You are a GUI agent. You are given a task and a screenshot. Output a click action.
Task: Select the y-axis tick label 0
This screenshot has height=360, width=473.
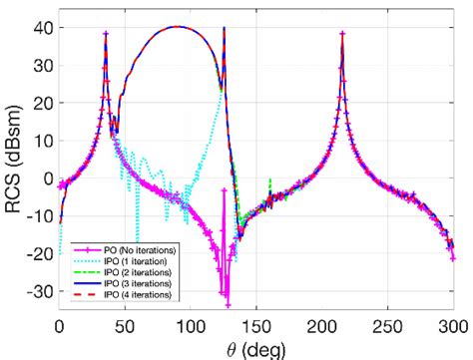pyautogui.click(x=44, y=178)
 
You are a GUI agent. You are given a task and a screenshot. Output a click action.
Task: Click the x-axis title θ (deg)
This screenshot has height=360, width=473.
pyautogui.click(x=256, y=348)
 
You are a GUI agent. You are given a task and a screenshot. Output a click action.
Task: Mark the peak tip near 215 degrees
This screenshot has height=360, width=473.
pyautogui.click(x=342, y=33)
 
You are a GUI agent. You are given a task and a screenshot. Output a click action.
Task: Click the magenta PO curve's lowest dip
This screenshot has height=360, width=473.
pyautogui.click(x=228, y=304)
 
